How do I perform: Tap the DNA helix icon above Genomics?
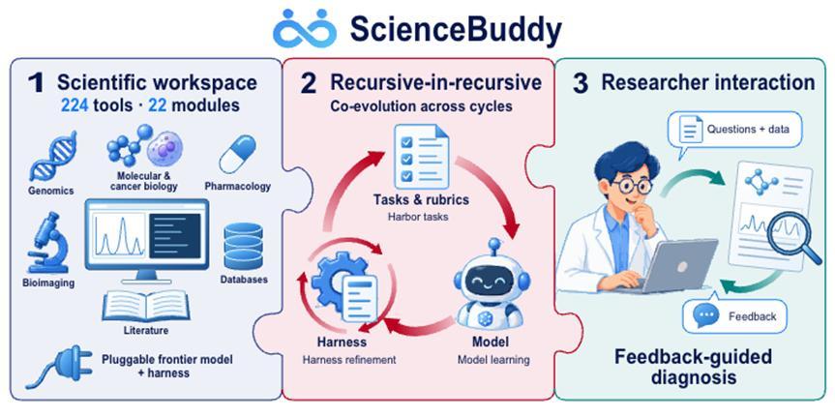click(x=52, y=156)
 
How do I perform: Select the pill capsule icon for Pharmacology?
click(x=237, y=154)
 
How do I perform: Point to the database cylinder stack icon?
click(x=244, y=246)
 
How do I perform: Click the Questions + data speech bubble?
click(x=735, y=131)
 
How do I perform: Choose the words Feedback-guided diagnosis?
click(x=694, y=367)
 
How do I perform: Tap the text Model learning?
click(x=493, y=360)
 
